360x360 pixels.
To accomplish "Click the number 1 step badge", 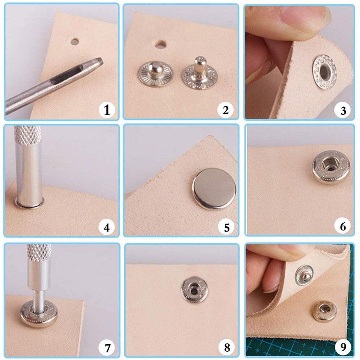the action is coord(107,110).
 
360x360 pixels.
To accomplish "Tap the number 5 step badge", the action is coord(226,228).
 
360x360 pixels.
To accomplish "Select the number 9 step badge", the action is coord(343,347).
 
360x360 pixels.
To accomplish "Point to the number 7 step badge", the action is coord(107,347).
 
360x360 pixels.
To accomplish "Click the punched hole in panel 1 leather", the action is coord(74,42).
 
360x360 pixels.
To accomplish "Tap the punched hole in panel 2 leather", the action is coord(160,44).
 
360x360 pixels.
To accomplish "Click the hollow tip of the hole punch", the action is coord(99,62).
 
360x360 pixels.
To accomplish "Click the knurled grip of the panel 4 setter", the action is coord(28,135).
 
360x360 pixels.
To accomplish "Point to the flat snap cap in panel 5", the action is coord(214,188).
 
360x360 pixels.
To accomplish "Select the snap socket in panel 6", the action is coord(331,167).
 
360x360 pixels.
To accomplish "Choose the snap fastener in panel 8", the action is coord(195,290).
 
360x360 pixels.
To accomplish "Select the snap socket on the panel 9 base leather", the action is coord(325,312).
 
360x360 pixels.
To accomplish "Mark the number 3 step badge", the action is coord(343,110).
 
